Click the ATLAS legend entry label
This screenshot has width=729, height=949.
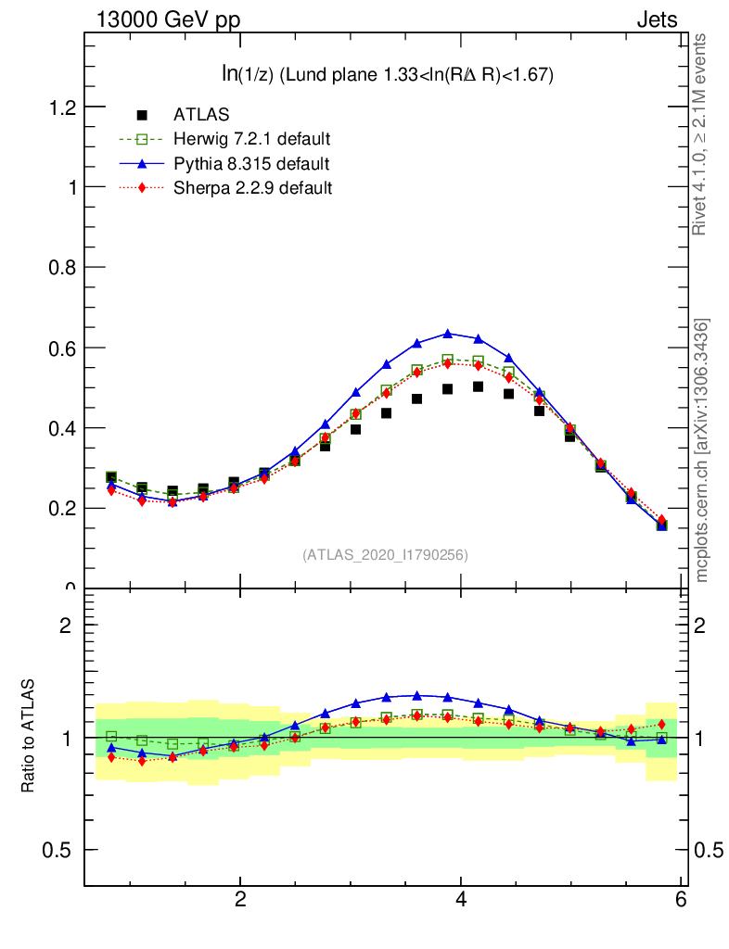201,115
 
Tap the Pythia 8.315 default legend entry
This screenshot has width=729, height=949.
250,164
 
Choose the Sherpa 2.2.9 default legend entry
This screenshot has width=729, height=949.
252,188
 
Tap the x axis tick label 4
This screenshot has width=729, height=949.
461,900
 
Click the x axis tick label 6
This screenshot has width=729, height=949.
681,900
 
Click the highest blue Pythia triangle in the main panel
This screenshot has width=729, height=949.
448,334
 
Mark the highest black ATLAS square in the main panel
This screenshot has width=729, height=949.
479,386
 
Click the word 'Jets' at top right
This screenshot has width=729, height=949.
657,19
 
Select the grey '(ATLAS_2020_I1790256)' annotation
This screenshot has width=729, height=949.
385,555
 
